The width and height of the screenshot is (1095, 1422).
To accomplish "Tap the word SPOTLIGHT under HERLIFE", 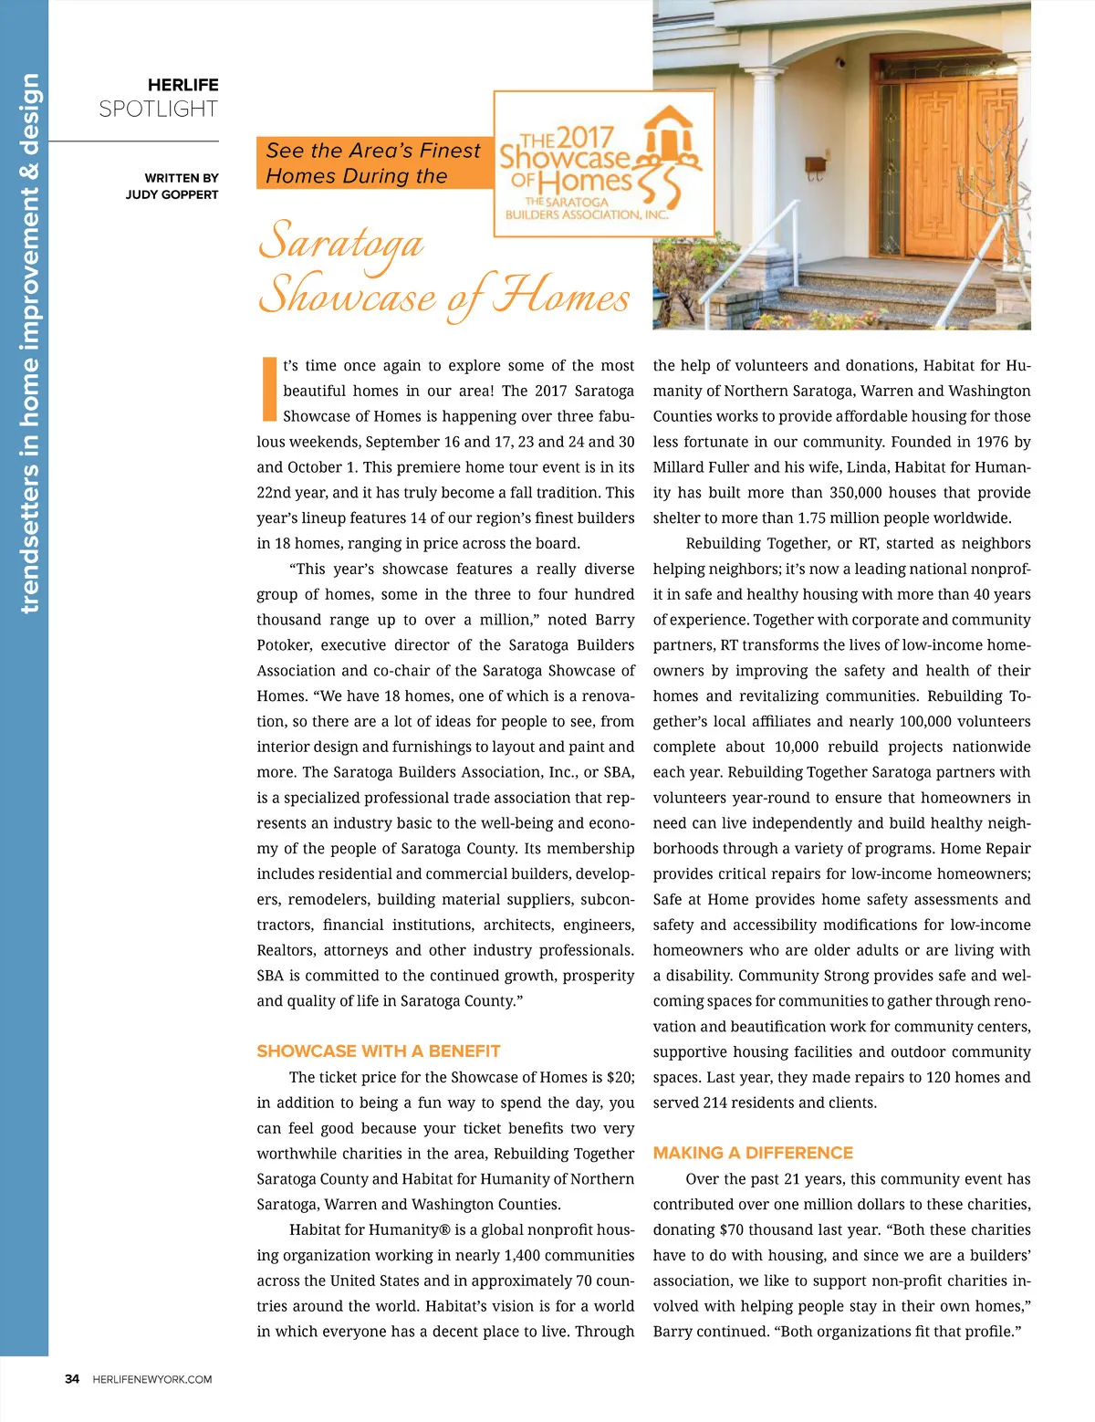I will [158, 110].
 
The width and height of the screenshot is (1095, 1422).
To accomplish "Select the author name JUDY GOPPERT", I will [172, 194].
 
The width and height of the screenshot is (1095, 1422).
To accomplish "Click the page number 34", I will [72, 1379].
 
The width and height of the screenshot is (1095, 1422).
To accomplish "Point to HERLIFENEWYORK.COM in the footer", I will [152, 1379].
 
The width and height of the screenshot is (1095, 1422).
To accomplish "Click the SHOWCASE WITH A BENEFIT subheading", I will [378, 1051].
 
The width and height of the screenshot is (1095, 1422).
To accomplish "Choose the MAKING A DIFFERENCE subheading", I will [753, 1153].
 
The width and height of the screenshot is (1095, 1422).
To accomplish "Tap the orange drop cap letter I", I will [269, 389].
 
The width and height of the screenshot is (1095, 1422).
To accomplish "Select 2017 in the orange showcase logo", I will [584, 139].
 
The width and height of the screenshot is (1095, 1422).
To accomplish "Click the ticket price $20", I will [620, 1077].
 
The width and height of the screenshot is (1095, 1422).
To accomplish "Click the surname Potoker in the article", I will [284, 645].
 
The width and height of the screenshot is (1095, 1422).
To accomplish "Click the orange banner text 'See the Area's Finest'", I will [372, 151].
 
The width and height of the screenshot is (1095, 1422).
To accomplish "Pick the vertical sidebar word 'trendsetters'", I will [29, 538].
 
